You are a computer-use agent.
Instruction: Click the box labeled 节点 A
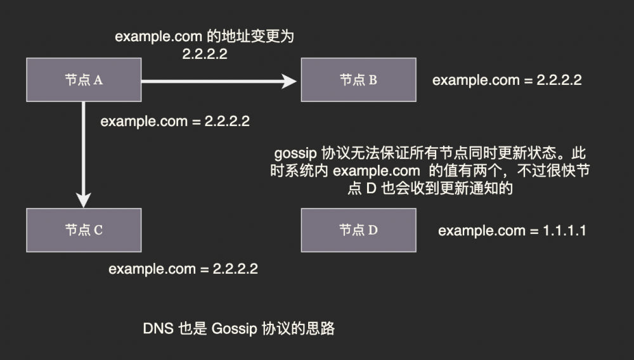click(x=84, y=80)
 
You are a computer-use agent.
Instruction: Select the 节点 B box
click(x=358, y=80)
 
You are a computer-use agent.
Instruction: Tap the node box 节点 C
click(x=84, y=229)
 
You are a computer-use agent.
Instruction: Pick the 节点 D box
click(x=358, y=229)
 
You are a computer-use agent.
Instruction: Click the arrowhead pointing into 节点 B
click(x=290, y=80)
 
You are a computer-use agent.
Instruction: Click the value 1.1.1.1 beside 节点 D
click(x=564, y=231)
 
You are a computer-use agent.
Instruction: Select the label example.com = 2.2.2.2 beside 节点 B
click(x=507, y=80)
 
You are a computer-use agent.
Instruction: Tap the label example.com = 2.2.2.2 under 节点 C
click(x=183, y=269)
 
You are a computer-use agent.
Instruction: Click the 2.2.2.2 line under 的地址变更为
click(x=205, y=54)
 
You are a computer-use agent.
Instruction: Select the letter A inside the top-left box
click(x=99, y=80)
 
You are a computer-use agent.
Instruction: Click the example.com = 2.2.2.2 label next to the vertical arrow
click(x=175, y=121)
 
